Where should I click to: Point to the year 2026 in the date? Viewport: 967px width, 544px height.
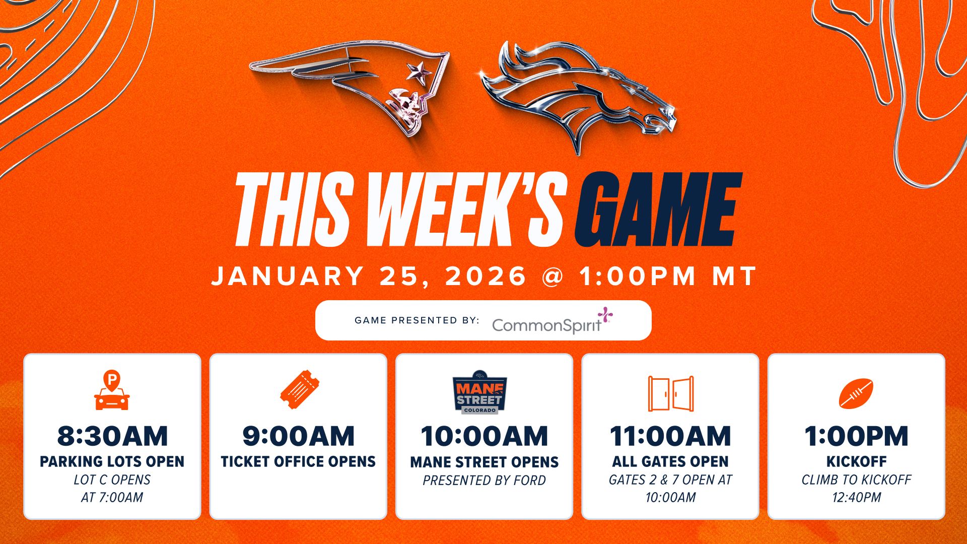[x=486, y=277]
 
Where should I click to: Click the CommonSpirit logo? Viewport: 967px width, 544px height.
[x=551, y=322]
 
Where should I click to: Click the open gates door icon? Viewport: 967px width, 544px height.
[x=670, y=393]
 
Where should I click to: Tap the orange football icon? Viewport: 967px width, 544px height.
[x=856, y=393]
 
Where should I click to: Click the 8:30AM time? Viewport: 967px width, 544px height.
[x=112, y=436]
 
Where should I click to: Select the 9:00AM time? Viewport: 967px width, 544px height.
[x=298, y=436]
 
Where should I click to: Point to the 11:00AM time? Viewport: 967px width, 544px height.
[x=670, y=436]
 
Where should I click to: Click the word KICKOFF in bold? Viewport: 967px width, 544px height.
[x=856, y=461]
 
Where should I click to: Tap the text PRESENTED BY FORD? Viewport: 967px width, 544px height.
[x=484, y=481]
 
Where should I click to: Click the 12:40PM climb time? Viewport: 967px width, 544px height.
[x=856, y=498]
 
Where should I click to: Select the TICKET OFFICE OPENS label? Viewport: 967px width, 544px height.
[x=298, y=461]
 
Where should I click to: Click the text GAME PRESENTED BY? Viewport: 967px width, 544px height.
[x=417, y=320]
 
